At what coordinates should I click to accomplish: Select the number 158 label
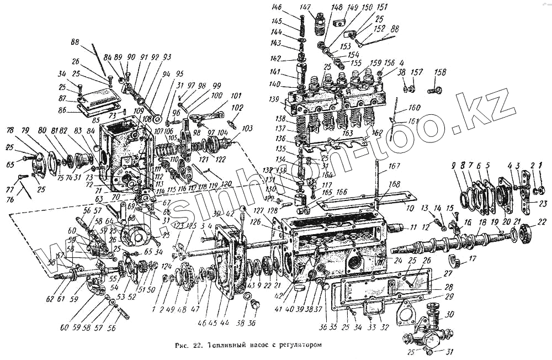tap(440, 72)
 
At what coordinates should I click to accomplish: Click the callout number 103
tap(247, 128)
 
